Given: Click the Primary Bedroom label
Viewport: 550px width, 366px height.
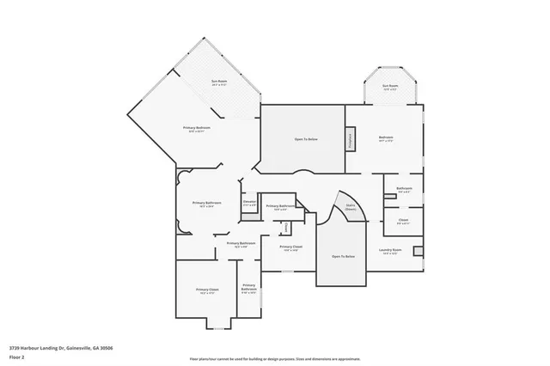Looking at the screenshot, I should [x=197, y=129].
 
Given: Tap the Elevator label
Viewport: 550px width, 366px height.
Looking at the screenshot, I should [x=249, y=204].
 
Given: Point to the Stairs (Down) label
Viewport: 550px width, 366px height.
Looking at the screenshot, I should [x=350, y=206].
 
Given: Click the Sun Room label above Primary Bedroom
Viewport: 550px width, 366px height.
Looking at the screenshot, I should [x=219, y=82].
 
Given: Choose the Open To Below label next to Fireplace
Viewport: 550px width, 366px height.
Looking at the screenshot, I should [x=307, y=138].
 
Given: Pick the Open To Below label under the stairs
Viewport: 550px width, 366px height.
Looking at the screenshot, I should [x=343, y=257].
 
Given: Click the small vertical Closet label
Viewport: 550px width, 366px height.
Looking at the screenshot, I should [x=286, y=227].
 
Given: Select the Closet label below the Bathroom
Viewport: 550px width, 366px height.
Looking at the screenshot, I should [x=403, y=221].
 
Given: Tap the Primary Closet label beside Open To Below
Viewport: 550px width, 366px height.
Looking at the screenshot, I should [x=291, y=248].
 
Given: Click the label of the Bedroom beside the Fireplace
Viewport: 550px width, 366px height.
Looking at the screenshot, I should [x=386, y=138].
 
